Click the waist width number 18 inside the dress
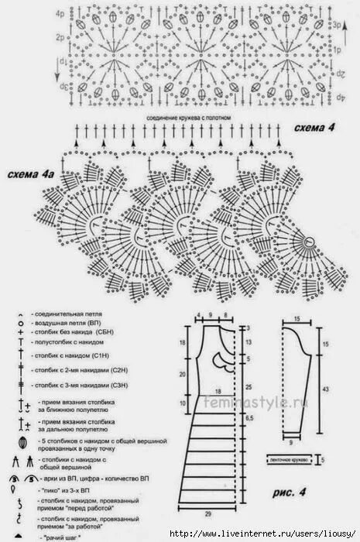pos(218,393)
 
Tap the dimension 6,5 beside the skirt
pos(249,417)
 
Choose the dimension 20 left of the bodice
pos(183,373)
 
